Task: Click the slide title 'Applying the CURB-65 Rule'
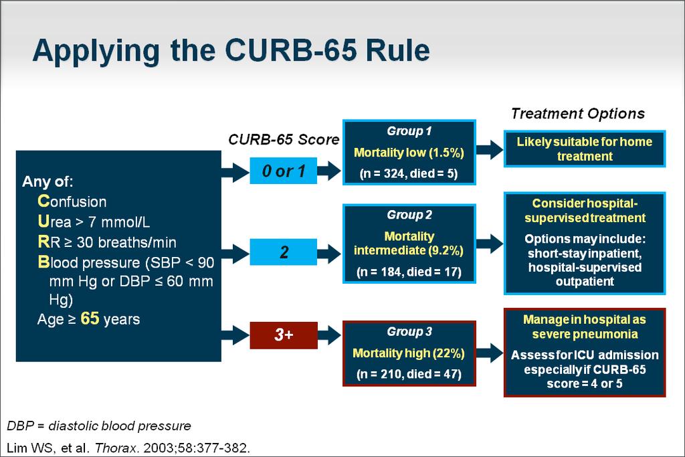pos(231,52)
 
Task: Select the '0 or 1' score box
pos(284,171)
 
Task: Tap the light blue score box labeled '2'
pos(284,252)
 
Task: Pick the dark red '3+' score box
pos(284,335)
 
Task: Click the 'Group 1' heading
pos(409,131)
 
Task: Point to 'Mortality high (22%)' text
pos(409,353)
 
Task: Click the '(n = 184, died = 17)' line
pos(409,272)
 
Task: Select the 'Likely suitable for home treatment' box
pos(585,149)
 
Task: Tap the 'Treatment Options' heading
pos(578,114)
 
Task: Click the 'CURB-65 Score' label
pos(284,139)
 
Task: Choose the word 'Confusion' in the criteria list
pos(72,201)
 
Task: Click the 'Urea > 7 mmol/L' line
pos(94,222)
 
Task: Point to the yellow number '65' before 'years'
pos(90,318)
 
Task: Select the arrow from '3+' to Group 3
pos(329,335)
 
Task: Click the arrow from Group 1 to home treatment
pos(490,150)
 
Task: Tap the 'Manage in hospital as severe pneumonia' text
pos(585,327)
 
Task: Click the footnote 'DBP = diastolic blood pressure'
pos(99,426)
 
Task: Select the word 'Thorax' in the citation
pos(116,448)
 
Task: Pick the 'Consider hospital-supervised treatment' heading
pos(585,211)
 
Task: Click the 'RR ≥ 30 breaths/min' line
pos(107,242)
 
